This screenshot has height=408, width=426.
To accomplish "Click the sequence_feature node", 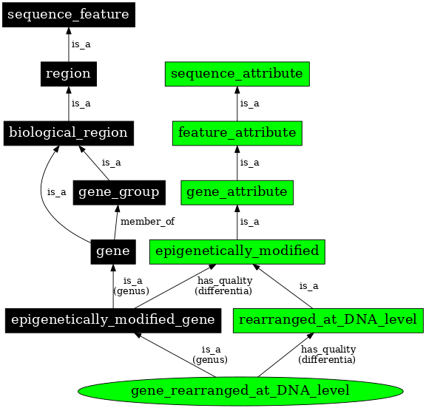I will pyautogui.click(x=68, y=14).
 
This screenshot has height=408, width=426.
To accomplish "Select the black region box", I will pyautogui.click(x=68, y=73).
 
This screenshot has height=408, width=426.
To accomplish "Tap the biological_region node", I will pyautogui.click(x=68, y=132).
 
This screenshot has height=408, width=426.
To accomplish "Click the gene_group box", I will pyautogui.click(x=118, y=192).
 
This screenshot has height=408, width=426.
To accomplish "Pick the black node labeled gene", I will pyautogui.click(x=113, y=251).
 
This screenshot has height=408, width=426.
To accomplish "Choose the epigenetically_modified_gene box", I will pyautogui.click(x=113, y=319).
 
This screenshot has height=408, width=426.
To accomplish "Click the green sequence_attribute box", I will pyautogui.click(x=237, y=73).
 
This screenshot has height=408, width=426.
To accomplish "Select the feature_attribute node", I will pyautogui.click(x=237, y=132).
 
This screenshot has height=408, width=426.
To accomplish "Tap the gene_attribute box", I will pyautogui.click(x=237, y=192).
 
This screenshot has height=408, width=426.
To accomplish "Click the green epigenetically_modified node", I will pyautogui.click(x=237, y=251).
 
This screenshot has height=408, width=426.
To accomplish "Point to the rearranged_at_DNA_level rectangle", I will pyautogui.click(x=328, y=319).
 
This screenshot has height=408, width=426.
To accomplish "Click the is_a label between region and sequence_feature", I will pyautogui.click(x=81, y=44).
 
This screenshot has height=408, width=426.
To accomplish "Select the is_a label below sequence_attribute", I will pyautogui.click(x=249, y=103).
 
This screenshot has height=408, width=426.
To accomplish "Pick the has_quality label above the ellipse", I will pyautogui.click(x=328, y=354).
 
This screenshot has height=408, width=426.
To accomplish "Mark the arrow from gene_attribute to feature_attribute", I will pyautogui.click(x=237, y=163).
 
